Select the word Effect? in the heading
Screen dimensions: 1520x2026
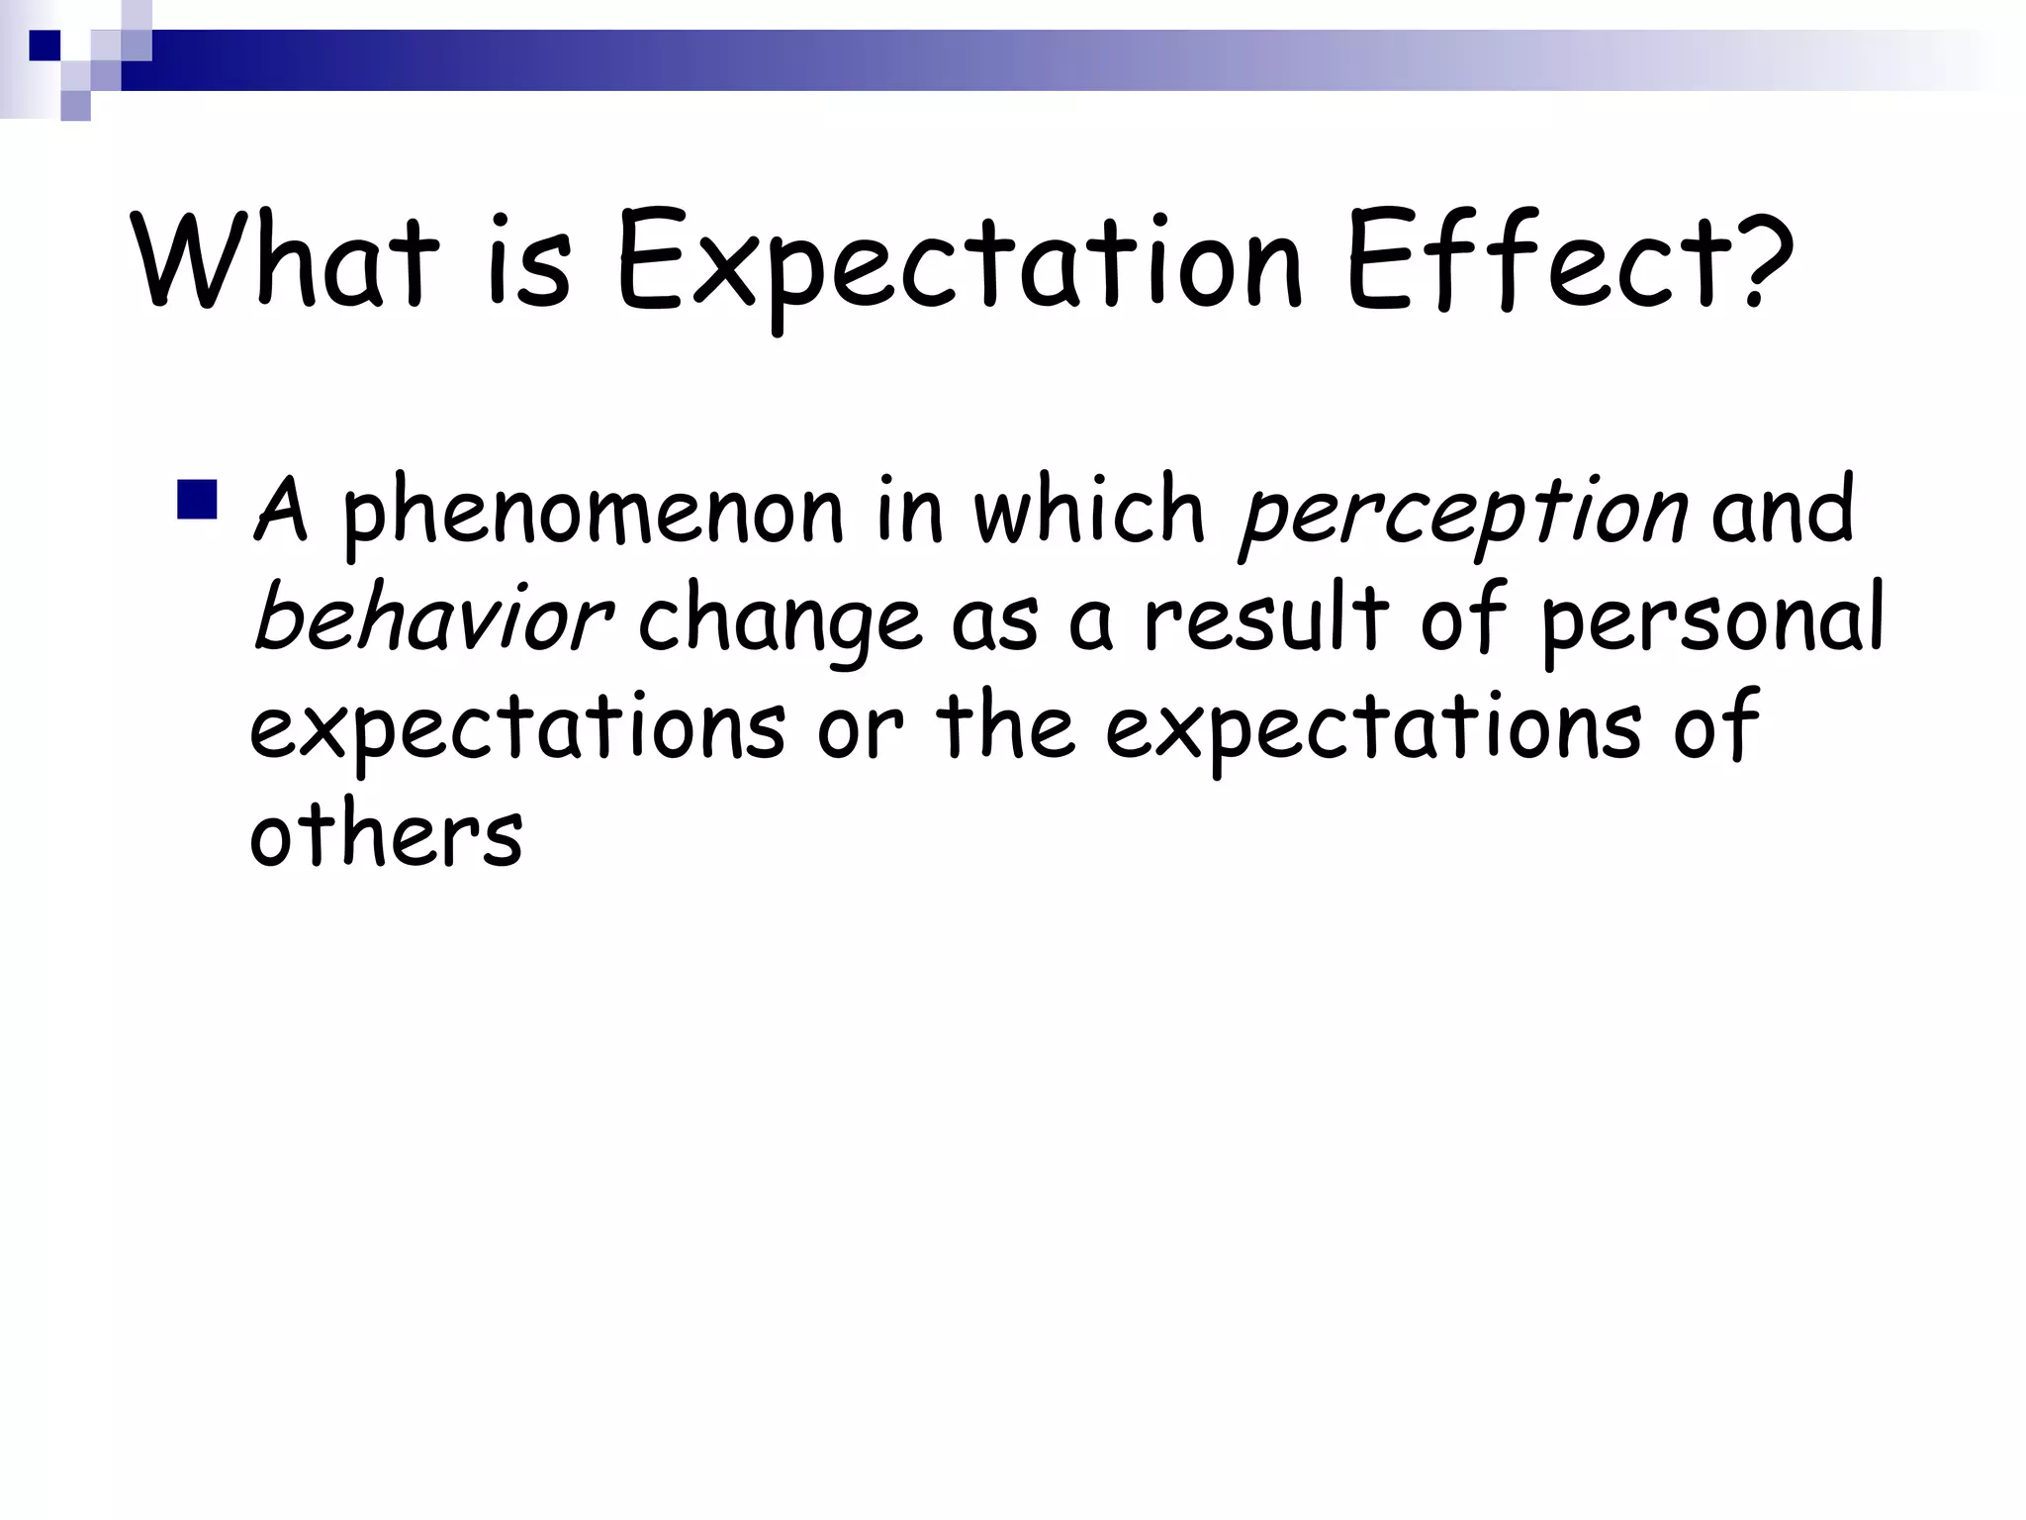tap(1567, 259)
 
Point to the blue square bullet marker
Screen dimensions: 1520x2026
tap(198, 500)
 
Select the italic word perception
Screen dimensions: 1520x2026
tap(1462, 513)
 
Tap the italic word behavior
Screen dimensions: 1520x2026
tap(433, 617)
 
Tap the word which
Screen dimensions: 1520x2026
tap(1089, 509)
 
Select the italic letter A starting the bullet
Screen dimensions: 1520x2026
tap(281, 509)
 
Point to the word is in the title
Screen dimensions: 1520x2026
tap(530, 259)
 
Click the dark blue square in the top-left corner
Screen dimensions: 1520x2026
tap(45, 45)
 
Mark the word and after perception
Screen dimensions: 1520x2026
tap(1782, 511)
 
